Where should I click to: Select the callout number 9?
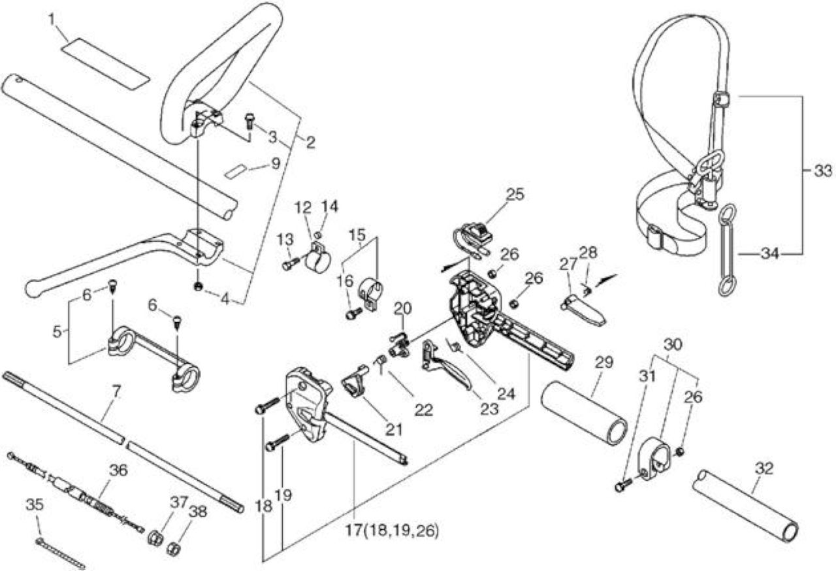click(x=275, y=163)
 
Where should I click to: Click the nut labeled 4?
click(x=198, y=286)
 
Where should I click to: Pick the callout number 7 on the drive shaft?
click(x=116, y=391)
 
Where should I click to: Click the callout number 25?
click(x=515, y=195)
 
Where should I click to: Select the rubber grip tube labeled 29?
click(x=585, y=413)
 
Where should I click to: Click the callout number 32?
click(x=764, y=468)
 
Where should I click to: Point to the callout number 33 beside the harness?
click(x=823, y=171)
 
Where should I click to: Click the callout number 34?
click(x=770, y=253)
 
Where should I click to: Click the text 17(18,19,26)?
click(x=391, y=530)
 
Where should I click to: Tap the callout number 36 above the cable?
click(x=118, y=470)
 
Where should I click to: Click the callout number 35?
click(x=35, y=504)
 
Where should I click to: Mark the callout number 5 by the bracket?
click(x=57, y=331)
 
